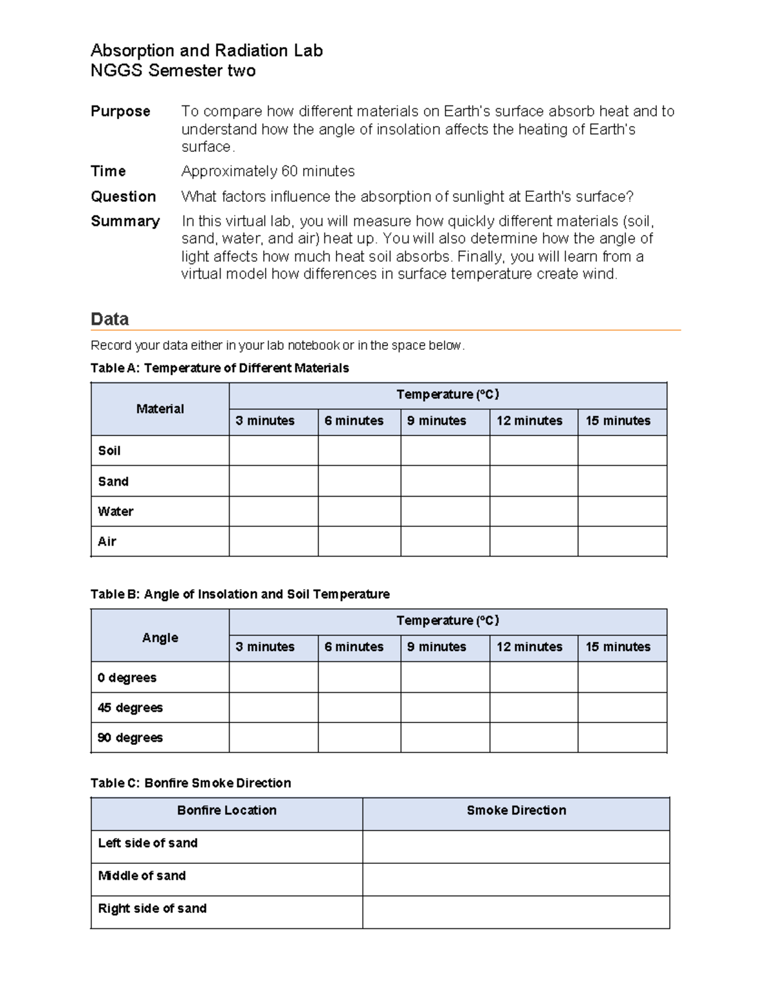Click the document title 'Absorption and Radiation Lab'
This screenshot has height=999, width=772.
click(x=207, y=51)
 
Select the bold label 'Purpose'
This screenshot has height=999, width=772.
click(x=120, y=111)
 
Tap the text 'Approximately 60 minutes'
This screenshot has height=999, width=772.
click(x=268, y=171)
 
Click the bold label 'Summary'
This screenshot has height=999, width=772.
click(x=125, y=221)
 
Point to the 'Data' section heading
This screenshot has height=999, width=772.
click(x=109, y=319)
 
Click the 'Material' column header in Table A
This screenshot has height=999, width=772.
click(x=160, y=409)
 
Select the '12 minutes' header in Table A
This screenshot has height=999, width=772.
click(x=529, y=421)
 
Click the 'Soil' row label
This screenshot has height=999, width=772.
click(x=109, y=451)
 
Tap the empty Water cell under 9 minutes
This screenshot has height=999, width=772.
click(x=445, y=511)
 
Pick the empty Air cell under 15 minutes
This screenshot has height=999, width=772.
click(x=621, y=542)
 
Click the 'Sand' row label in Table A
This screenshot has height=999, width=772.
click(x=113, y=481)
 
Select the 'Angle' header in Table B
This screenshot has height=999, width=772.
click(x=160, y=637)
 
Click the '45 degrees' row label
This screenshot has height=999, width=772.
click(x=130, y=708)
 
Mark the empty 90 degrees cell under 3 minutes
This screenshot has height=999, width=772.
click(x=273, y=738)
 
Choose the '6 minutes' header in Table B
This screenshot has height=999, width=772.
click(x=354, y=647)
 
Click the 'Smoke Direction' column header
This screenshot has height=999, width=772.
click(x=516, y=811)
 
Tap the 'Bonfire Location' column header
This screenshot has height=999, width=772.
click(x=226, y=811)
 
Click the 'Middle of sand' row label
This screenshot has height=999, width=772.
click(x=142, y=876)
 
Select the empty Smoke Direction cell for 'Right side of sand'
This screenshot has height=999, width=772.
click(x=516, y=912)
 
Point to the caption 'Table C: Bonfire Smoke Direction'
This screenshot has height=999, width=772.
click(x=190, y=783)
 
